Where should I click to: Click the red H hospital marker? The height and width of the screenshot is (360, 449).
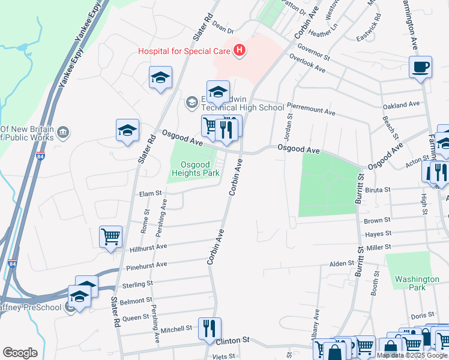coord(240,50)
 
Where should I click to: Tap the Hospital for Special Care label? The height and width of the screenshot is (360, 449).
coord(185,51)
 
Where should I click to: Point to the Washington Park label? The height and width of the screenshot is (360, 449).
coord(417,283)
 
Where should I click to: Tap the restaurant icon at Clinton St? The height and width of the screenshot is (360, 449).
coord(209,328)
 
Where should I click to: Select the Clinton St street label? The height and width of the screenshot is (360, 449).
coord(233,340)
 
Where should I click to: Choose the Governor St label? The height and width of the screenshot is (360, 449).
coord(313,53)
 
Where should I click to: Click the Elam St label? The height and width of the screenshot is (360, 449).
coord(151,193)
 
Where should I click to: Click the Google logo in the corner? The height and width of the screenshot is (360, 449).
coord(20,353)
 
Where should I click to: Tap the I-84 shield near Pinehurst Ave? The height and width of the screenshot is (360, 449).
coord(13,263)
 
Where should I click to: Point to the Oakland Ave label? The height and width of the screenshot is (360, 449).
coord(402,104)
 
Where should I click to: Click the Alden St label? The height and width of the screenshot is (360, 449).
coord(342,264)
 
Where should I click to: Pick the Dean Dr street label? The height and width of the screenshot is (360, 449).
coord(222,28)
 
